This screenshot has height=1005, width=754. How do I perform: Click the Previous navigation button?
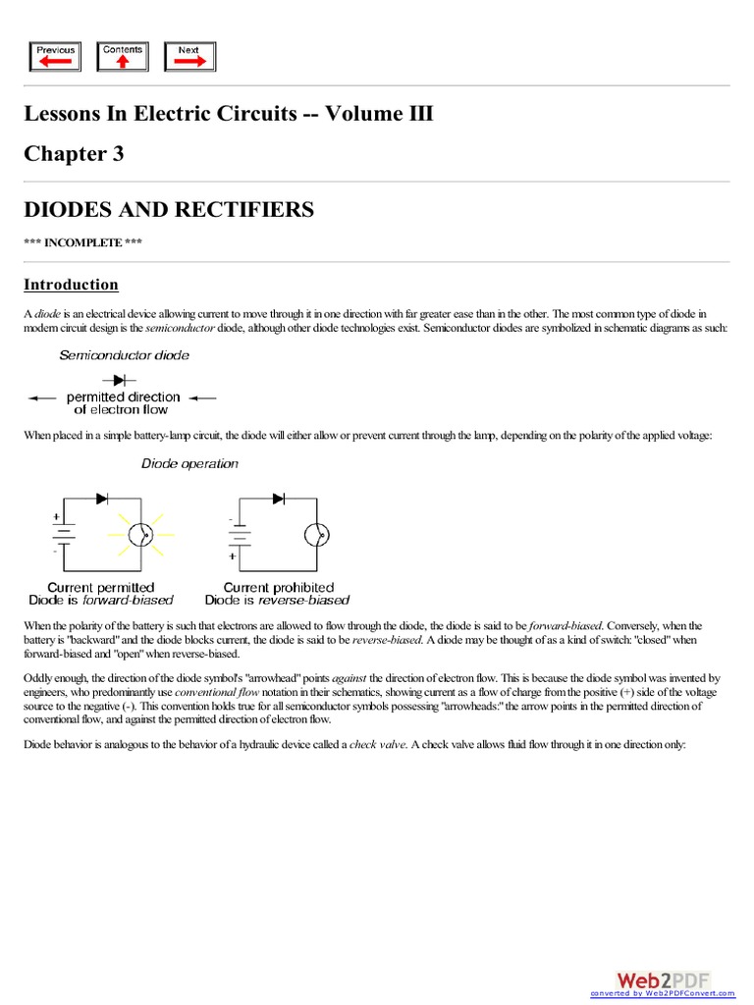[55, 56]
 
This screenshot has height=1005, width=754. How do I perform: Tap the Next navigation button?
[189, 56]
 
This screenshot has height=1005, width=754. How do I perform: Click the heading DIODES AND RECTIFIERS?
[169, 209]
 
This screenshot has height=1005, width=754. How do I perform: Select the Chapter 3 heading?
[74, 154]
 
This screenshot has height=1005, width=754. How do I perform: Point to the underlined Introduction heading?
[71, 285]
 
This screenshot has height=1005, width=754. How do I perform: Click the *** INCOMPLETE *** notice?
[82, 242]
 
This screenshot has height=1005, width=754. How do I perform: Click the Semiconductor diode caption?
[124, 355]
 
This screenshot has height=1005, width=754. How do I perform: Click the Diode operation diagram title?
[189, 463]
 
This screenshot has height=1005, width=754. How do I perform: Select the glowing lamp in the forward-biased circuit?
[143, 534]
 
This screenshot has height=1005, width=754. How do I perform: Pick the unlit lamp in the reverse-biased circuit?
[315, 534]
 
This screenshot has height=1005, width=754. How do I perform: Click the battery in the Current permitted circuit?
[64, 534]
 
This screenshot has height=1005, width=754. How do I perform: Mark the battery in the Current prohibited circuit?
[237, 536]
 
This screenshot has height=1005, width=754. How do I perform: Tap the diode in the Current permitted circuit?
[102, 499]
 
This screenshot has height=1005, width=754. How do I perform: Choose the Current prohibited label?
[278, 587]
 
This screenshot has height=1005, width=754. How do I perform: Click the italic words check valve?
[376, 745]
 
